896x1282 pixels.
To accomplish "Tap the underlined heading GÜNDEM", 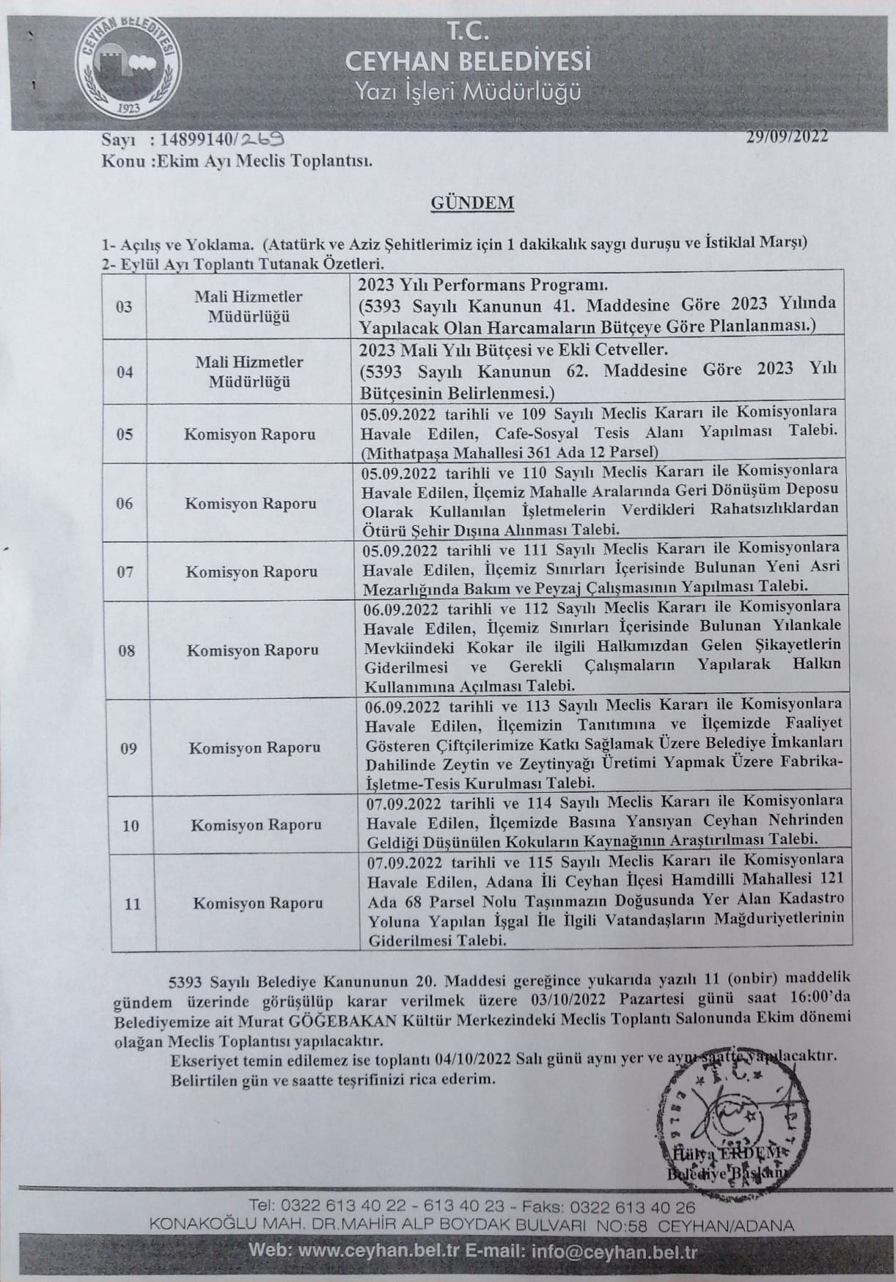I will [x=471, y=203].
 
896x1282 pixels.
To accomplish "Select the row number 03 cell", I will [x=125, y=307].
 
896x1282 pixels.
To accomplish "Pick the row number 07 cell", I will [x=125, y=572].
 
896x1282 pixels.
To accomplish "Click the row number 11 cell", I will [x=132, y=904].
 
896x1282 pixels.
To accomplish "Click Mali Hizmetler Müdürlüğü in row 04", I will [x=249, y=372].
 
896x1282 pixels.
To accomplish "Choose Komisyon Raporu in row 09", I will [x=254, y=748].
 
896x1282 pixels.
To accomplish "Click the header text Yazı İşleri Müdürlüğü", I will [x=468, y=92].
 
